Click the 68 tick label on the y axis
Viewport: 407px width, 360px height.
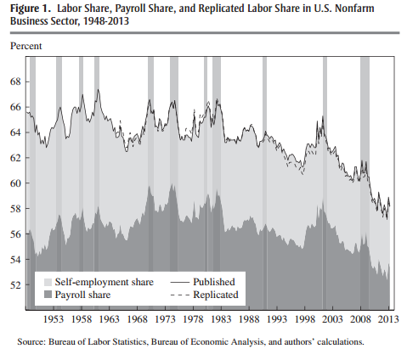click(15, 82)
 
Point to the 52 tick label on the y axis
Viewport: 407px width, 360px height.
click(15, 284)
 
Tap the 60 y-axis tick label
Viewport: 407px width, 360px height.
click(15, 183)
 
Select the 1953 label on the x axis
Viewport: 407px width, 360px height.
click(54, 319)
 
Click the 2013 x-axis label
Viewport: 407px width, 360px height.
click(389, 319)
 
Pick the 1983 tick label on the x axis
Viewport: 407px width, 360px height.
click(221, 319)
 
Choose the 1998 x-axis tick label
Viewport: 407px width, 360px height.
click(305, 319)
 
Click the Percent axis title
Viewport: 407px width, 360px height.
click(26, 46)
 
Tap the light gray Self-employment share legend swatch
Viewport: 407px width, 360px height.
click(48, 282)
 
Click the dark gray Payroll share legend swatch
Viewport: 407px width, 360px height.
click(48, 295)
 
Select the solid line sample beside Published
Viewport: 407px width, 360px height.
click(179, 282)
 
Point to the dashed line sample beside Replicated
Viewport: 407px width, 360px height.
click(179, 295)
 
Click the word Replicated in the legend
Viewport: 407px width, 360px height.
click(216, 295)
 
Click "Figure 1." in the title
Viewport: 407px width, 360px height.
click(31, 8)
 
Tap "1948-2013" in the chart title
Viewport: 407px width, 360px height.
click(106, 21)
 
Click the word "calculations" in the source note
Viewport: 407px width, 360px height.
click(340, 342)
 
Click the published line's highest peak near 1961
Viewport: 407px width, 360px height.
click(99, 90)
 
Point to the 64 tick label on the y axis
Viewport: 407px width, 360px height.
click(15, 132)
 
